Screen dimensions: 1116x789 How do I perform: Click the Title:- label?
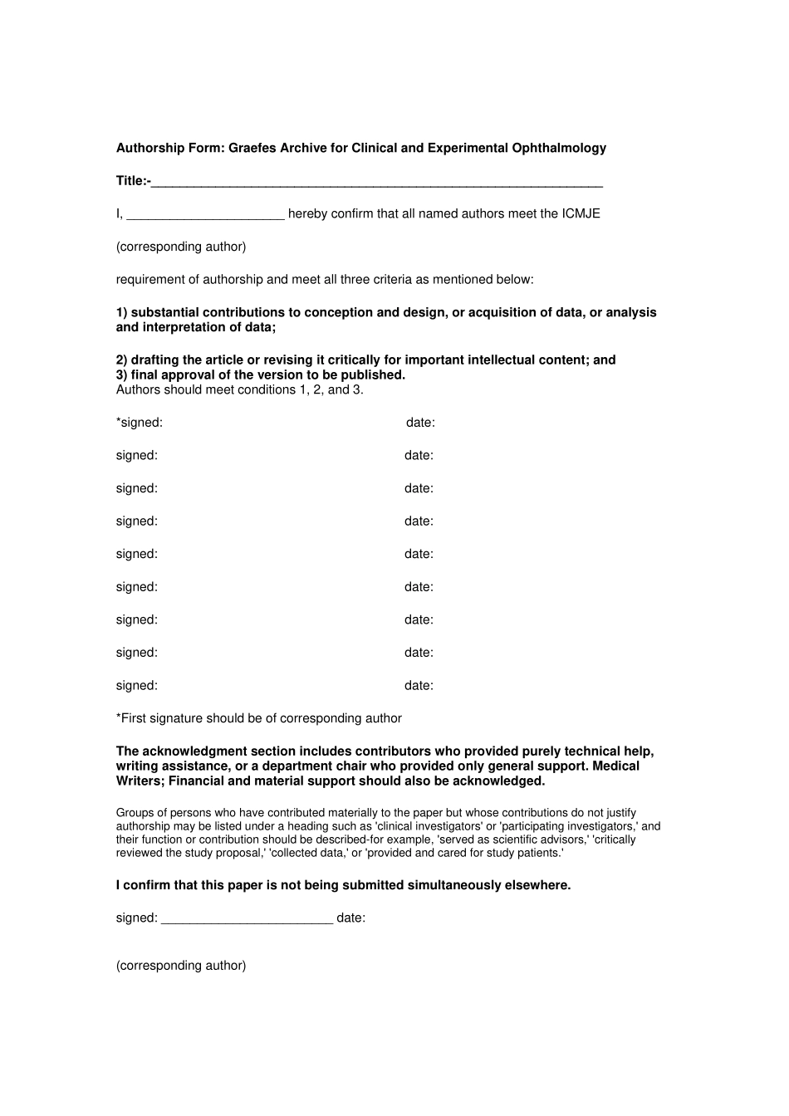point(133,181)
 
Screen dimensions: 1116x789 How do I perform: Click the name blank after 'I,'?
point(205,216)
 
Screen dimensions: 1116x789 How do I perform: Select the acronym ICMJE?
point(581,213)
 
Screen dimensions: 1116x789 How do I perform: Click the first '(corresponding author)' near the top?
point(181,247)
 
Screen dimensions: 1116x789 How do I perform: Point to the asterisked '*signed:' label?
point(140,423)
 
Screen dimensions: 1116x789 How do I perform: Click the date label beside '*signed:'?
point(420,423)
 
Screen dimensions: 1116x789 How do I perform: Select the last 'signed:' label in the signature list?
point(137,686)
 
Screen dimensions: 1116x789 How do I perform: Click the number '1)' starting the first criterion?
point(122,313)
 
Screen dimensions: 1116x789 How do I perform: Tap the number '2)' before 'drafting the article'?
point(122,360)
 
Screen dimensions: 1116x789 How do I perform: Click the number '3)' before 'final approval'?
point(122,375)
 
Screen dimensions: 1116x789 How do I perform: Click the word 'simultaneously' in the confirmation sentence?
point(454,885)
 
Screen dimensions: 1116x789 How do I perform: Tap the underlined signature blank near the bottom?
point(247,920)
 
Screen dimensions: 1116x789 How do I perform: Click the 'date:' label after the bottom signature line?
point(350,918)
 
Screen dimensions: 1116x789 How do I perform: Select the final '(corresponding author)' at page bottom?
point(181,966)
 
